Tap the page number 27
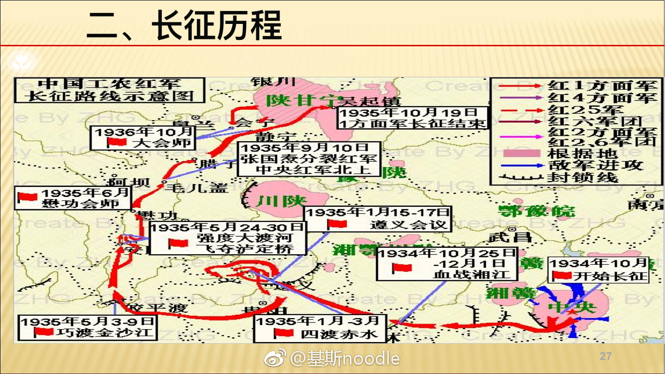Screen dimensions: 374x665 click(606, 356)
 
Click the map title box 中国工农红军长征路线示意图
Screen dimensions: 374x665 click(109, 90)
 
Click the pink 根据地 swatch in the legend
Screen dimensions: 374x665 click(521, 153)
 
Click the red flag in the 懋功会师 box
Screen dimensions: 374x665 click(27, 197)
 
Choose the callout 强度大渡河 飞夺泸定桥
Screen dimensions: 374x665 click(229, 238)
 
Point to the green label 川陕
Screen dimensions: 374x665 click(273, 201)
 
